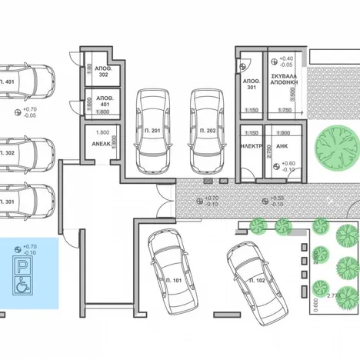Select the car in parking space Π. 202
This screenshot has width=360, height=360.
coord(207,131)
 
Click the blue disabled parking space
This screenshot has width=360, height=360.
coord(28,273)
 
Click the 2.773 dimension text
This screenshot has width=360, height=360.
coord(334,295)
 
